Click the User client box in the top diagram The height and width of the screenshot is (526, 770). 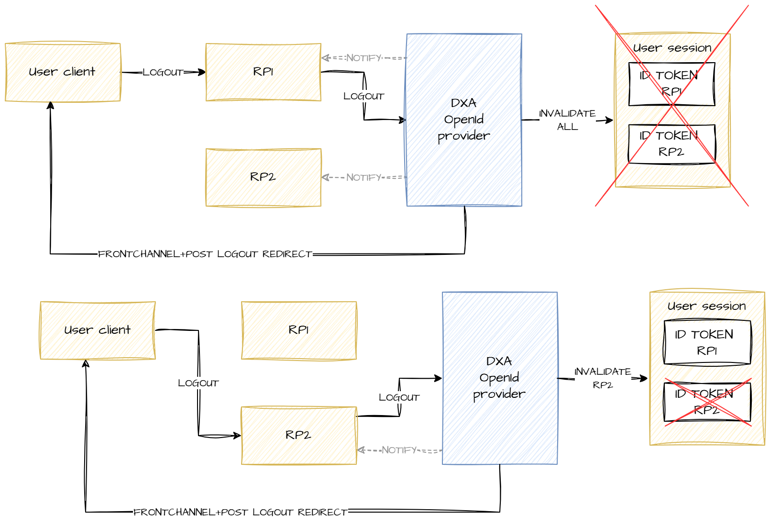point(63,72)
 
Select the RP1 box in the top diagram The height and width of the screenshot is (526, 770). point(263,72)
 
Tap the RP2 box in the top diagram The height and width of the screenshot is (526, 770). point(263,177)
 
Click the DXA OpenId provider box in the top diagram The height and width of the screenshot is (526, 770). point(464,120)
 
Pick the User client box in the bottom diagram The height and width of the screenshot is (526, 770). point(98,330)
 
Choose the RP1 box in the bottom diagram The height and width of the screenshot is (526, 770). point(298,330)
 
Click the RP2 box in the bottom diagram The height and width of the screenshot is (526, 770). point(298,435)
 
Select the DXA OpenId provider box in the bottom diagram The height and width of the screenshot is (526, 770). point(499,378)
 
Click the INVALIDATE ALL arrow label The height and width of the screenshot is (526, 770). point(567,120)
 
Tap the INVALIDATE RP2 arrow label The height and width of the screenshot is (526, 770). point(603,378)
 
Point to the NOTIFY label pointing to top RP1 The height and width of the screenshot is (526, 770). point(363,58)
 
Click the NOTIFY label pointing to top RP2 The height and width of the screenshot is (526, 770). point(363,177)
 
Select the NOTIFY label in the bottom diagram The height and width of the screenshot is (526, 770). point(399,450)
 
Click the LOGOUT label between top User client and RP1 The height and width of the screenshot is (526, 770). point(163,72)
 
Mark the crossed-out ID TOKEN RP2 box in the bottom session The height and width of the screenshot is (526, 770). point(707,402)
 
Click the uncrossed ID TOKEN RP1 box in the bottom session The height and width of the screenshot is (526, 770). point(707,342)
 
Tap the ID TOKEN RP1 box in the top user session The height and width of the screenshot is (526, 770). point(671,84)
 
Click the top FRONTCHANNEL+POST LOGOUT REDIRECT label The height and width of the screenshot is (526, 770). point(205,254)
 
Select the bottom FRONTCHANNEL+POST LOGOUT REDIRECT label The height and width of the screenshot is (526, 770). point(240,512)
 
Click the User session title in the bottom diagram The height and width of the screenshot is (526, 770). point(707,306)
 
